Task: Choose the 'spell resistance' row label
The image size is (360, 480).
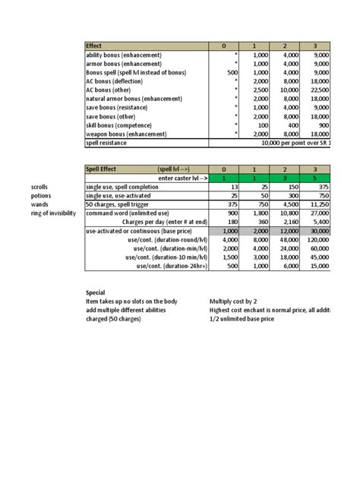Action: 107,142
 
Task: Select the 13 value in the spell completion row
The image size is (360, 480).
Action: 234,187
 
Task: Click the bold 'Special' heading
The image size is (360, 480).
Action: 97,292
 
